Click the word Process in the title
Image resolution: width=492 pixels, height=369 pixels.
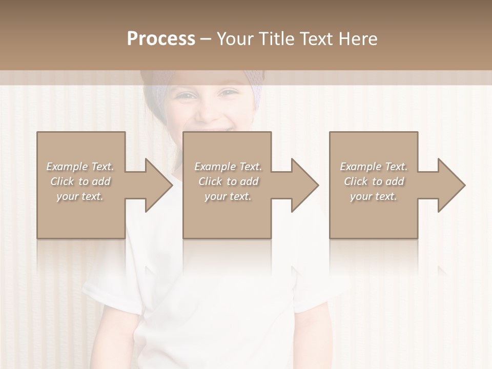[x=161, y=39]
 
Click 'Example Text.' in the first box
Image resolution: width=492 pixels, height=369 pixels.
[x=80, y=167]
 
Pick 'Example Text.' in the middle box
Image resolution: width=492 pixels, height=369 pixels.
[x=228, y=167]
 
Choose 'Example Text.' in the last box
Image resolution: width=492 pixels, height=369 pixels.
[x=374, y=167]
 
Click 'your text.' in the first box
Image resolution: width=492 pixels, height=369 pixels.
[x=80, y=196]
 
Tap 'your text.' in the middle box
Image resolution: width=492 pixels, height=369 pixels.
[x=228, y=196]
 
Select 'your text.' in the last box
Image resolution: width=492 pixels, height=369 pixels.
[x=374, y=196]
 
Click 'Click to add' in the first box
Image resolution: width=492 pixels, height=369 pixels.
[x=80, y=181]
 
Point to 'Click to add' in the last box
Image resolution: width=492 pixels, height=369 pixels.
[x=374, y=181]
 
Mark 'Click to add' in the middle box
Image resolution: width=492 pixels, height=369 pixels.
[x=228, y=181]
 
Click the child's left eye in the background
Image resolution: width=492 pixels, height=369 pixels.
[x=229, y=93]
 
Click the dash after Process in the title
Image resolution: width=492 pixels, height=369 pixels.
[x=206, y=39]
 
